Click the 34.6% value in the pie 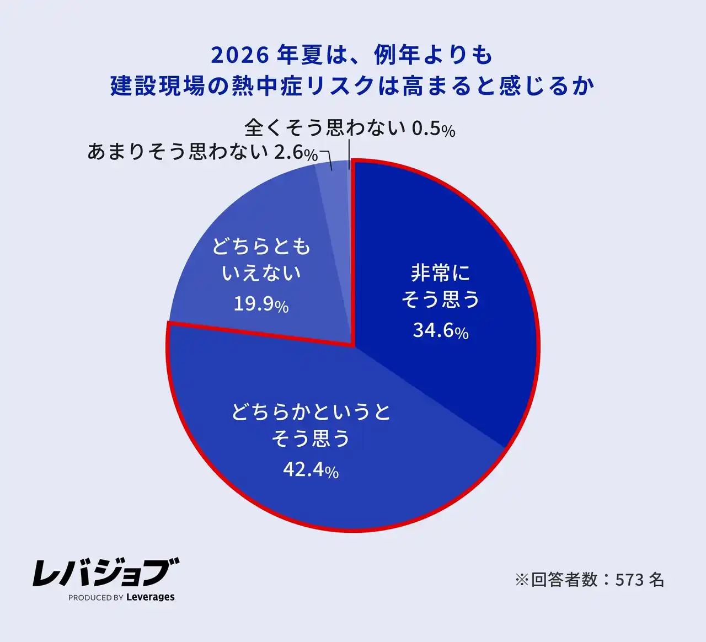[x=440, y=330]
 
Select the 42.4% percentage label [x=311, y=470]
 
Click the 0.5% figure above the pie [x=434, y=129]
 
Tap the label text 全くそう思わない [x=325, y=128]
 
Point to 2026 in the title [x=239, y=55]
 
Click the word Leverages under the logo [x=150, y=597]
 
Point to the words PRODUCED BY [x=95, y=597]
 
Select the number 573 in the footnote [x=629, y=580]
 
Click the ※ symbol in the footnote [x=521, y=580]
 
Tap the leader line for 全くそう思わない [x=349, y=154]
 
